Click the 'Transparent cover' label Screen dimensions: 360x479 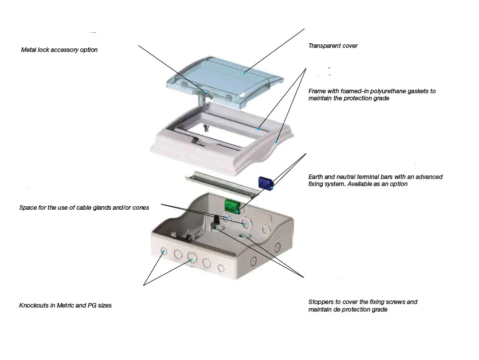coord(333,46)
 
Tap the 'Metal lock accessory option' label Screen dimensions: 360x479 coord(59,50)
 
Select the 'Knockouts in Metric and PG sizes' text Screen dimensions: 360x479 coord(65,306)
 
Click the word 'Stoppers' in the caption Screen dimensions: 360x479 coord(321,302)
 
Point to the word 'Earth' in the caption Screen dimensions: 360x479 coord(317,177)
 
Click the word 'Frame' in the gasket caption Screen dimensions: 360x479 coord(318,91)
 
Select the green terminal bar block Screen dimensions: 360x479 coord(231,205)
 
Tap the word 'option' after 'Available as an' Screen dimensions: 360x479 coord(397,184)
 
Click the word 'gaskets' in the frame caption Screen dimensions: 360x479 coord(421,91)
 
